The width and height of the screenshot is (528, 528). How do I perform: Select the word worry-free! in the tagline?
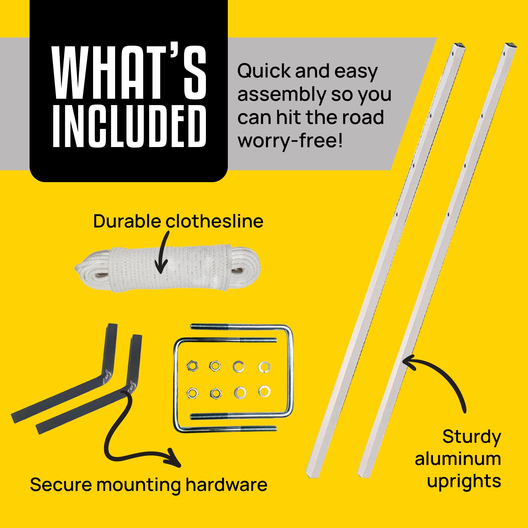290,141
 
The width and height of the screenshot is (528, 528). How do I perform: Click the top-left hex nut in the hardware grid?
192,366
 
